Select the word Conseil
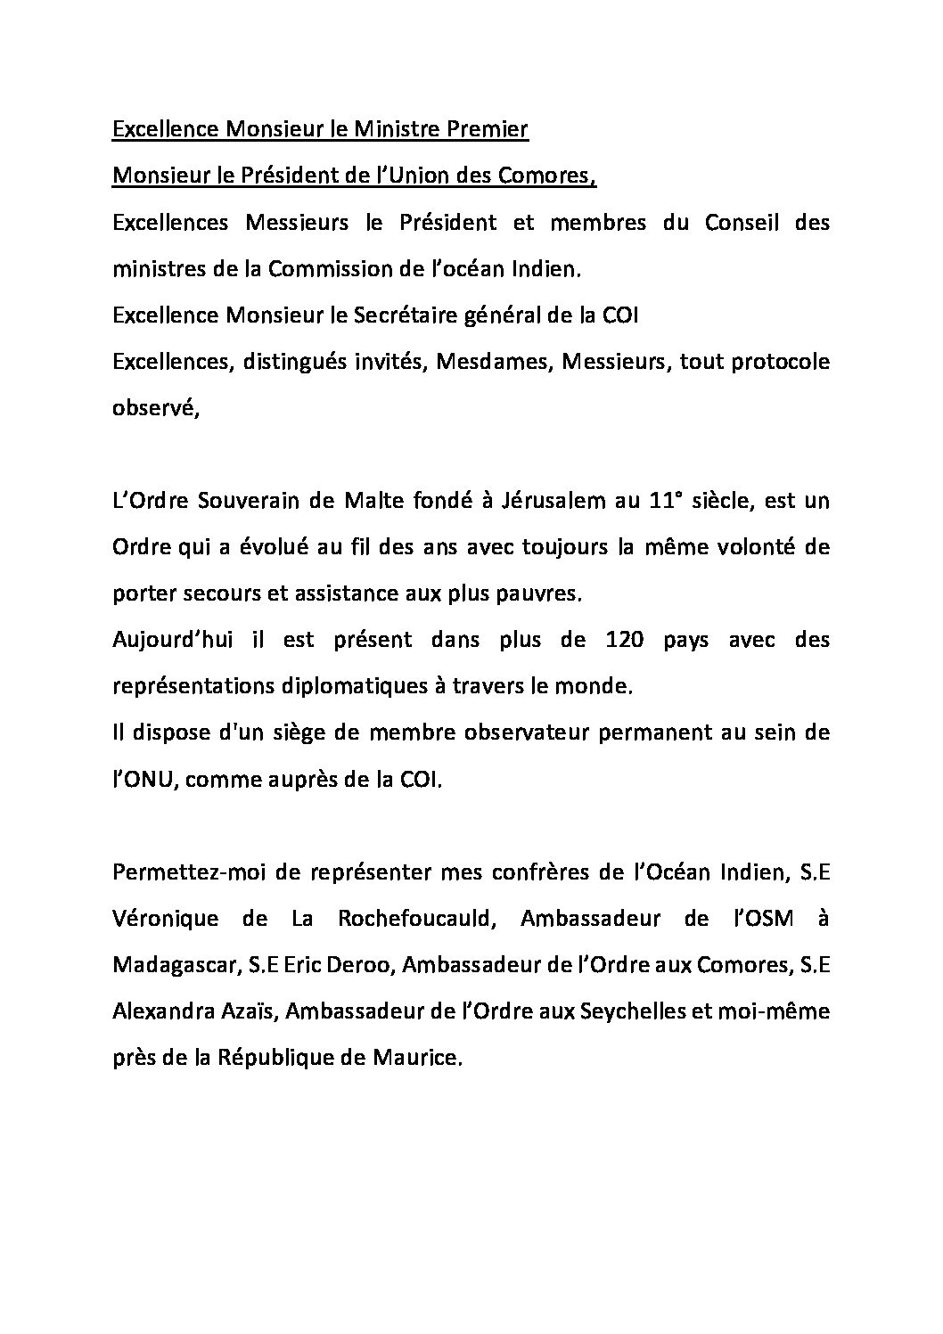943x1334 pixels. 741,223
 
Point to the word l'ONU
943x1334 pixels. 146,779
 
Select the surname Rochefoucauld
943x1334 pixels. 414,918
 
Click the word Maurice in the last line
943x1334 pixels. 422,1057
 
